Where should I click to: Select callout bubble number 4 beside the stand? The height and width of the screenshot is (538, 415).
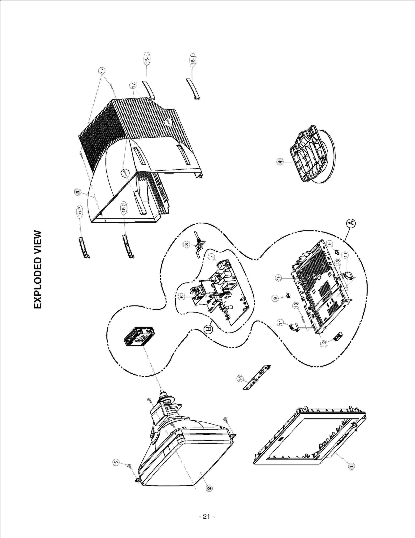(x=280, y=162)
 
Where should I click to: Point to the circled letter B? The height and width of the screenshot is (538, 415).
(x=208, y=329)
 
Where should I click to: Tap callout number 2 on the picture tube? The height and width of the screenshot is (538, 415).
(x=209, y=488)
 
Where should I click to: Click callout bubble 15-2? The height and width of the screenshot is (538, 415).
(x=80, y=211)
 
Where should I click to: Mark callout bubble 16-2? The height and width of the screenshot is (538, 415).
(x=124, y=208)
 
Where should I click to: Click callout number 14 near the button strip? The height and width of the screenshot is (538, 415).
(x=240, y=379)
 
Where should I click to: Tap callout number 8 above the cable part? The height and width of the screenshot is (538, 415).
(x=186, y=244)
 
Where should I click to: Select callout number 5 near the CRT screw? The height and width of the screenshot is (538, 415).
(x=116, y=462)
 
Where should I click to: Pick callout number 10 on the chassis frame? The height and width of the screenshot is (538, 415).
(x=278, y=278)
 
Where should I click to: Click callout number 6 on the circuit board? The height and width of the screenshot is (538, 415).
(x=182, y=296)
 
